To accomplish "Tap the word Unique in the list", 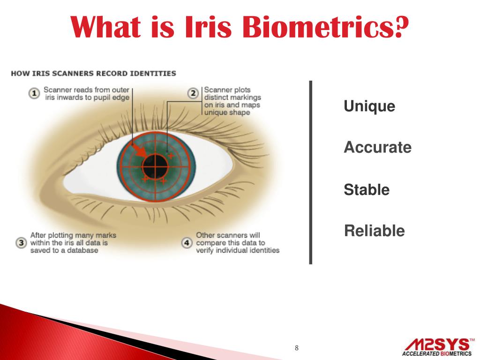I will click(x=369, y=106).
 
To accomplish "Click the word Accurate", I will click(x=377, y=148).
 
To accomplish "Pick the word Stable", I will click(x=367, y=190).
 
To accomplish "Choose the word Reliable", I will click(x=374, y=231).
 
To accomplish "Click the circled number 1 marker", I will click(x=34, y=93).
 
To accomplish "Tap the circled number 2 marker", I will click(x=193, y=93).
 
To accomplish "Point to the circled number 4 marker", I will click(x=187, y=243).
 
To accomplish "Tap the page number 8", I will click(x=296, y=348).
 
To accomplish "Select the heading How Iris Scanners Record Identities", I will click(x=93, y=74).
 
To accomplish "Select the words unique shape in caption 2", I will click(x=227, y=112).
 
